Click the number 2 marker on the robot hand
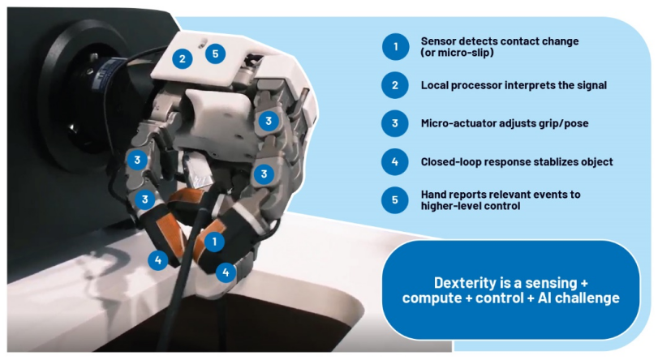182,58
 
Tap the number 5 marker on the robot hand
215,54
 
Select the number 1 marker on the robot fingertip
214,242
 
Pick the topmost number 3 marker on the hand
269,122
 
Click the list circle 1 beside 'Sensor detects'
395,46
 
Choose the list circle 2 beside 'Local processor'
395,85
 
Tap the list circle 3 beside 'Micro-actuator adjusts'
395,123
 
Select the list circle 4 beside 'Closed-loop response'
395,161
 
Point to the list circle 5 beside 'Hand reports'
395,200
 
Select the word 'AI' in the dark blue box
544,298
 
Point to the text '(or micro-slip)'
458,53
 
